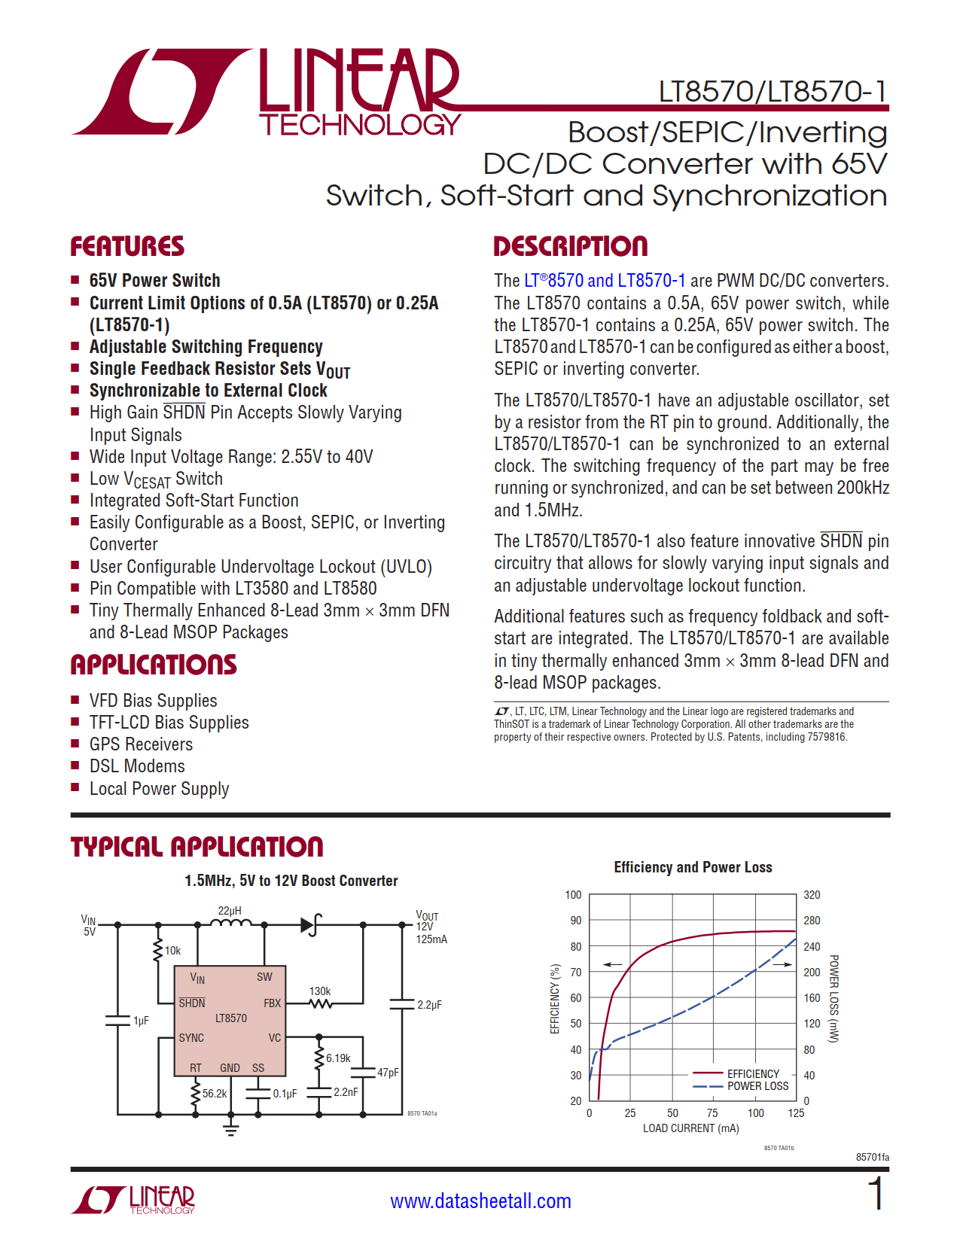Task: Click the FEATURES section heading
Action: (126, 246)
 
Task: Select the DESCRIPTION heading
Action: (570, 246)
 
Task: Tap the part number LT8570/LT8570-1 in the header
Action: (773, 92)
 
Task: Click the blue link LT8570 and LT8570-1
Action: (605, 281)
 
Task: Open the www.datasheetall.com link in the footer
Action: (480, 1201)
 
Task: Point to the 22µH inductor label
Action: (230, 911)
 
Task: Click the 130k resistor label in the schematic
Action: (320, 991)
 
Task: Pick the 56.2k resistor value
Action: (215, 1093)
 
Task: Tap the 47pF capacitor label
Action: (388, 1073)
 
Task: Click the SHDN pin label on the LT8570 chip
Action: (191, 1003)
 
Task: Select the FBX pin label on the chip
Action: (272, 1003)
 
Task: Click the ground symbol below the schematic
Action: (231, 1128)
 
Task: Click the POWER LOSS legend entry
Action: (757, 1086)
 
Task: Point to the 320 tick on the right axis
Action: (812, 895)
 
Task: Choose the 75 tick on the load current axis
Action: (712, 1113)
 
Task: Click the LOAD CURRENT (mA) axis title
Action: (690, 1128)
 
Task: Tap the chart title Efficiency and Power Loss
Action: (693, 867)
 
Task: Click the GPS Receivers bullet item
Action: (141, 744)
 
